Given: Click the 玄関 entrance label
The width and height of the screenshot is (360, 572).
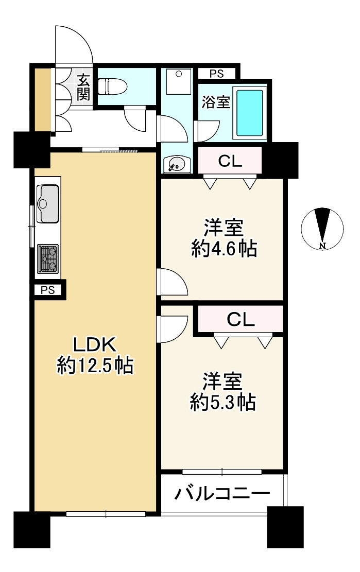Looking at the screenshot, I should (x=83, y=87).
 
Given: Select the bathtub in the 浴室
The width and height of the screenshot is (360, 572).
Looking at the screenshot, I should (x=250, y=113).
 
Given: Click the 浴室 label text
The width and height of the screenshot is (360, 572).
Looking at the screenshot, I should (x=215, y=102).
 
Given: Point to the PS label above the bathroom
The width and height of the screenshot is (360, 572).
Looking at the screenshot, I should (x=217, y=74).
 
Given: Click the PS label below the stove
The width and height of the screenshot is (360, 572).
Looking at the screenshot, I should (x=47, y=290).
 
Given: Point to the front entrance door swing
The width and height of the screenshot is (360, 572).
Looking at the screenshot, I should (x=75, y=46).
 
